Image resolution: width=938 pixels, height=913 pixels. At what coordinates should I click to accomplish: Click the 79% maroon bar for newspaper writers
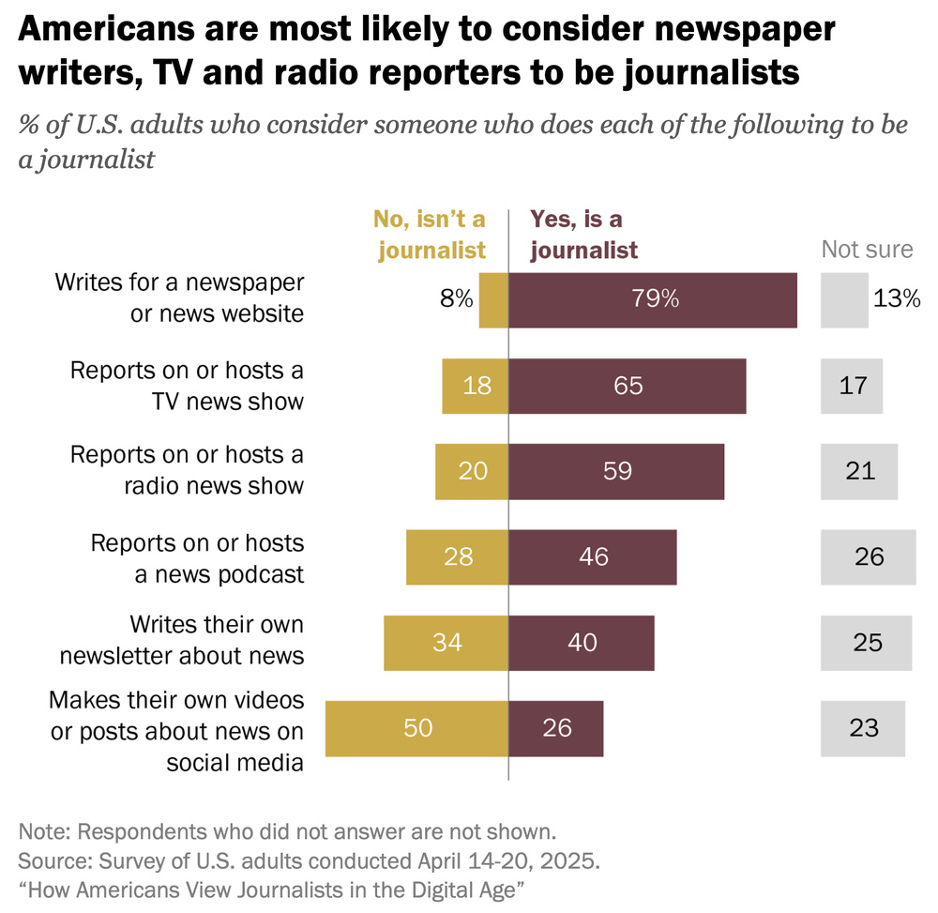tap(653, 300)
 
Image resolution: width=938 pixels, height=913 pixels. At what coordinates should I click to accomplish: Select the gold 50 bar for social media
tap(416, 728)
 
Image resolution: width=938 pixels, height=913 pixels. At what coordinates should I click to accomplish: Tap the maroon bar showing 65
tap(627, 386)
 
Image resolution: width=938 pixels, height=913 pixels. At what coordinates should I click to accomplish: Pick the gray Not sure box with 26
tap(868, 556)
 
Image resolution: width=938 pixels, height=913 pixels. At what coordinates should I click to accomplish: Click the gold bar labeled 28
tap(457, 556)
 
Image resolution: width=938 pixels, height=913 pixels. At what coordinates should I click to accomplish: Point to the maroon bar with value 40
tap(582, 643)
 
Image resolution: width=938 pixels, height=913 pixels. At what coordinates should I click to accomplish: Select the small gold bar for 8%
tap(493, 300)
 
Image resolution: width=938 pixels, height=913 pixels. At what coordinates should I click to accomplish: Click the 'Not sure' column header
tap(867, 249)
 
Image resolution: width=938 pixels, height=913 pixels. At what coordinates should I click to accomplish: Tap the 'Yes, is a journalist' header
tap(583, 235)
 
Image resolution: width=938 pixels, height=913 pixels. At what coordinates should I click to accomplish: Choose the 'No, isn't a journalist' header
tap(430, 235)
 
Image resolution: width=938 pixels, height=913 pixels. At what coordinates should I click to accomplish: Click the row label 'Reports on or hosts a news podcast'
tap(197, 558)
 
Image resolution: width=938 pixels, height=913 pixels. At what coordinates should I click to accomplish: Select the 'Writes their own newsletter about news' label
tap(182, 640)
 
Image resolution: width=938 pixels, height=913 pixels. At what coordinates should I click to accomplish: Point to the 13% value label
tap(897, 299)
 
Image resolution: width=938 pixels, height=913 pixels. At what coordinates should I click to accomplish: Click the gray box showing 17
tap(852, 386)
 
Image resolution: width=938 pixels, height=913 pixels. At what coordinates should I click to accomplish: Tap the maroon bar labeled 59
tap(616, 471)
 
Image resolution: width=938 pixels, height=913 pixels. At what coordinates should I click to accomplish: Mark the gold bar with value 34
tap(446, 643)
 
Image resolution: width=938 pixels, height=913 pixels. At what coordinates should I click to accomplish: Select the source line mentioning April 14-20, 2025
tap(310, 860)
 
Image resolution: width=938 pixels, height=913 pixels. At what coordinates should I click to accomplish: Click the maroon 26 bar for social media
tap(556, 728)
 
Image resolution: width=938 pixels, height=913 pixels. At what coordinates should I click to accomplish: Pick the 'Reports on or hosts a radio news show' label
tap(188, 470)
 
